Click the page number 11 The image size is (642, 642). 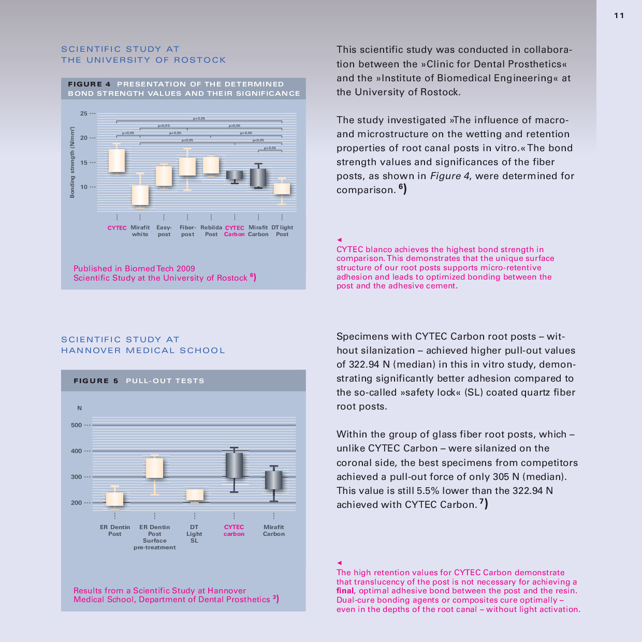click(x=619, y=16)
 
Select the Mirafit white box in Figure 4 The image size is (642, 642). click(x=140, y=195)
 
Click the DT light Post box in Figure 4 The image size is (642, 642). click(x=282, y=188)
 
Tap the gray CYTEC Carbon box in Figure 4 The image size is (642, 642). click(x=235, y=175)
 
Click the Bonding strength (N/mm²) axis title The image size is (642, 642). click(x=72, y=162)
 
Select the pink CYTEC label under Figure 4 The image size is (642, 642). click(x=117, y=228)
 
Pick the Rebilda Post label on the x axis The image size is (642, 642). click(x=211, y=231)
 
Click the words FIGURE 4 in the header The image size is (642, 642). click(x=89, y=84)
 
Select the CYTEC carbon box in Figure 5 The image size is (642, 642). click(x=234, y=465)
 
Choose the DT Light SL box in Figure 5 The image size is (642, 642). click(x=195, y=495)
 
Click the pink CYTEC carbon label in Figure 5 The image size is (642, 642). click(x=234, y=530)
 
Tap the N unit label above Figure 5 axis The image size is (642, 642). click(x=79, y=408)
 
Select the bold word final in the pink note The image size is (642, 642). click(x=345, y=591)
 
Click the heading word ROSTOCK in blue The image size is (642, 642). click(x=200, y=60)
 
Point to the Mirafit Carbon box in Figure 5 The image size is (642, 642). click(x=274, y=480)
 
